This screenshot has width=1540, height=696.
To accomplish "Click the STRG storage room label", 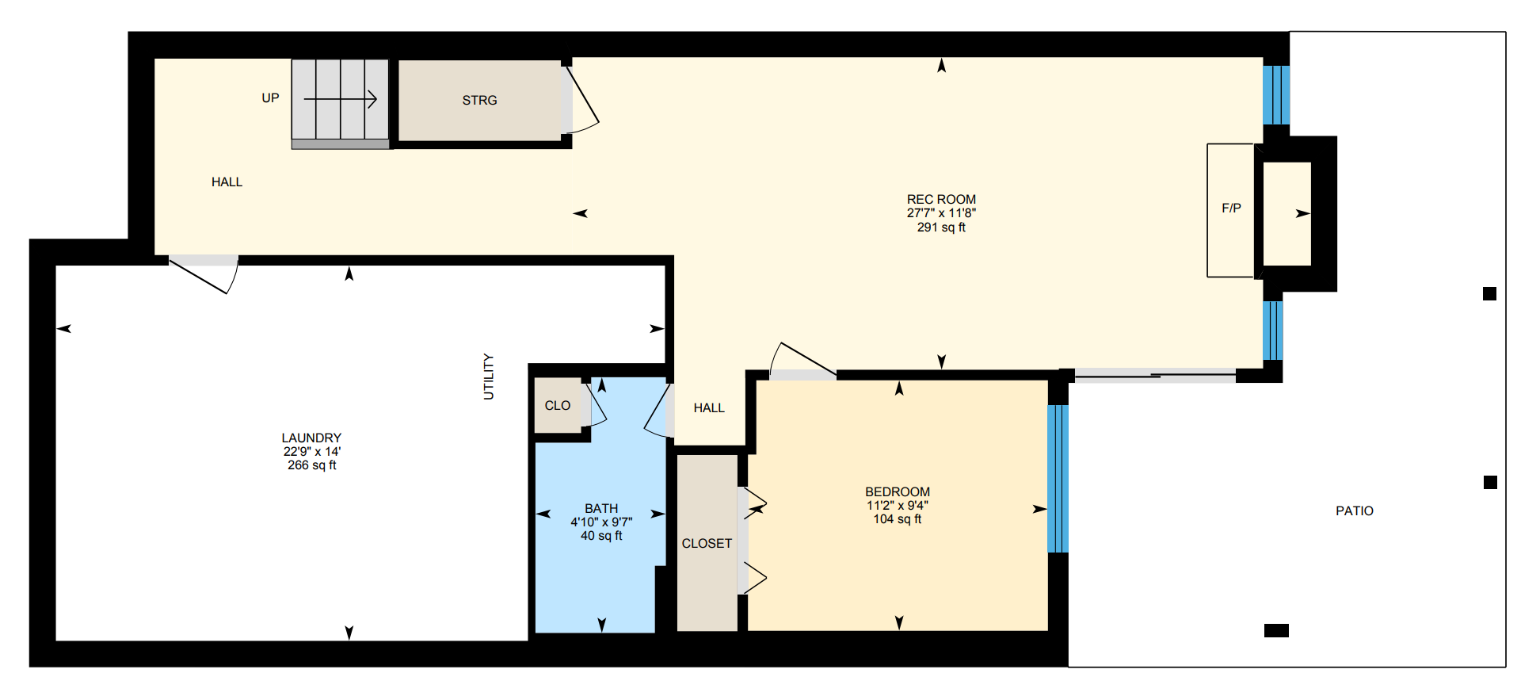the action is (x=479, y=101).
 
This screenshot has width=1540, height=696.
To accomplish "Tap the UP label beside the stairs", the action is (x=270, y=98).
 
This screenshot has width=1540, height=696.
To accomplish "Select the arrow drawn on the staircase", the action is (x=341, y=99).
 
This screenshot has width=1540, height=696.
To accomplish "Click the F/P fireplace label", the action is (x=1231, y=208).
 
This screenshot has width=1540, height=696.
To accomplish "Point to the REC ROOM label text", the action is (x=941, y=200).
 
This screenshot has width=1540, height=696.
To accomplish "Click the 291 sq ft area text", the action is (x=941, y=228).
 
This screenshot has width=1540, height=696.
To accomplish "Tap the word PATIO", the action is (x=1355, y=511).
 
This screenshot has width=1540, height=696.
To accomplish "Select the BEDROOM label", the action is (x=898, y=492).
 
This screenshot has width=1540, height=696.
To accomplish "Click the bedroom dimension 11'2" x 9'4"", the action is (x=898, y=506).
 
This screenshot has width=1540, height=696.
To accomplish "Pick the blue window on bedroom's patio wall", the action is (x=1058, y=479).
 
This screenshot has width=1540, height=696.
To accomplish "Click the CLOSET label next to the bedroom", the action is (x=707, y=544).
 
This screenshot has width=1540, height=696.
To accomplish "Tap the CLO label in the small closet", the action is (x=557, y=406).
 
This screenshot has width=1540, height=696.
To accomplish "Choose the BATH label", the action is (x=601, y=509).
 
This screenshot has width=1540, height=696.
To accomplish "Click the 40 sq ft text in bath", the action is (x=601, y=536).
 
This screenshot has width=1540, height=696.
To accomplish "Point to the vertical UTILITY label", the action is (x=489, y=377).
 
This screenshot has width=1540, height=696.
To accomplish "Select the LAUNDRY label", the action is (x=311, y=438).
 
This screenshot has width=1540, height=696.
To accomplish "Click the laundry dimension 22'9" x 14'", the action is (x=312, y=452).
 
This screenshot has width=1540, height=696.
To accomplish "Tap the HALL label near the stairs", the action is (x=227, y=182).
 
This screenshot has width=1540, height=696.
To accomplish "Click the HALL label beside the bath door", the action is (x=709, y=408).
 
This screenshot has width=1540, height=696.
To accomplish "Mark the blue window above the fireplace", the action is (x=1275, y=95).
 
